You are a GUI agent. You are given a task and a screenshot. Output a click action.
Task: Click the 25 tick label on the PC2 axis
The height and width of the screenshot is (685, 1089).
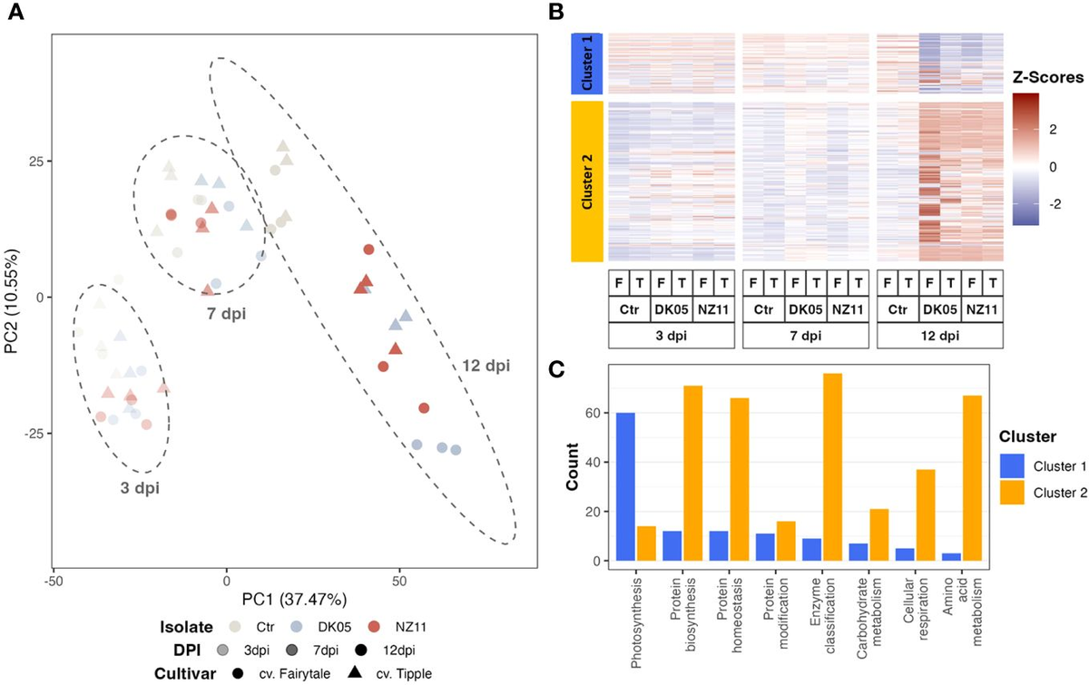click(x=32, y=161)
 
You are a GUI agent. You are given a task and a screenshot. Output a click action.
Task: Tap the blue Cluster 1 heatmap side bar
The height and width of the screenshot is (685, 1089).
click(x=588, y=63)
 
